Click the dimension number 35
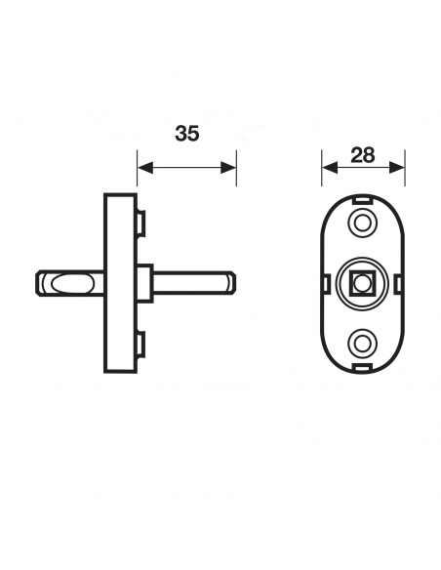pyautogui.click(x=187, y=134)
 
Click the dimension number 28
pyautogui.click(x=362, y=155)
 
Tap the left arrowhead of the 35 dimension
pyautogui.click(x=145, y=168)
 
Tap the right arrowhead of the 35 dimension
pyautogui.click(x=228, y=168)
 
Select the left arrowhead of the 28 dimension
pyautogui.click(x=330, y=168)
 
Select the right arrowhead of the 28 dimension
pyautogui.click(x=397, y=168)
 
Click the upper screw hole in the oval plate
pyautogui.click(x=362, y=223)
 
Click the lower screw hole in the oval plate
pyautogui.click(x=362, y=343)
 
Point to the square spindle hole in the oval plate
pyautogui.click(x=362, y=283)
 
